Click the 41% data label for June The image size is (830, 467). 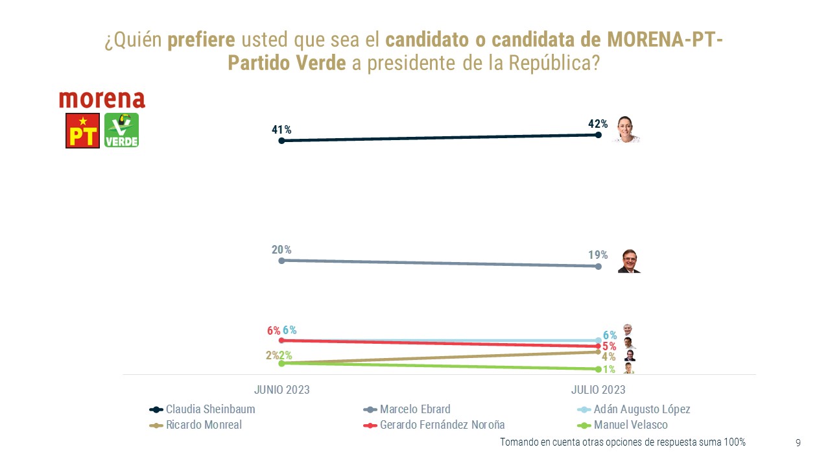point(281,130)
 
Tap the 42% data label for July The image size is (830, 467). point(598,124)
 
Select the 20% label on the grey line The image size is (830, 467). point(281,250)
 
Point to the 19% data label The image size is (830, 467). point(598,255)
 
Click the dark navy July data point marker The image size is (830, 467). point(598,135)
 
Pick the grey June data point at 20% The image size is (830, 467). point(281,261)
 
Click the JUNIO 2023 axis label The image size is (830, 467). point(281,390)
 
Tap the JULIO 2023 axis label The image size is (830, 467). point(598,390)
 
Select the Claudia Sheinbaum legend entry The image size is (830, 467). point(202,409)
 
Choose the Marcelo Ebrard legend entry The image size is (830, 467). point(407,409)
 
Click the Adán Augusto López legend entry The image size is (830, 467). point(634,409)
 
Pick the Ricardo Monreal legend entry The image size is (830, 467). point(196,425)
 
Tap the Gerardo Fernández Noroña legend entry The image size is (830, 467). point(434,425)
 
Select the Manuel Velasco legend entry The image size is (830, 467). point(622,425)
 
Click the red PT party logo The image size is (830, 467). point(82,130)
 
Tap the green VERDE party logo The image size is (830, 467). point(121,130)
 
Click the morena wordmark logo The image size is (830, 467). point(102,99)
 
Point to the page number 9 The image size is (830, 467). point(798,443)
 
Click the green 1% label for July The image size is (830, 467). point(609,370)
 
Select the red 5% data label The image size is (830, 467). point(609,346)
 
